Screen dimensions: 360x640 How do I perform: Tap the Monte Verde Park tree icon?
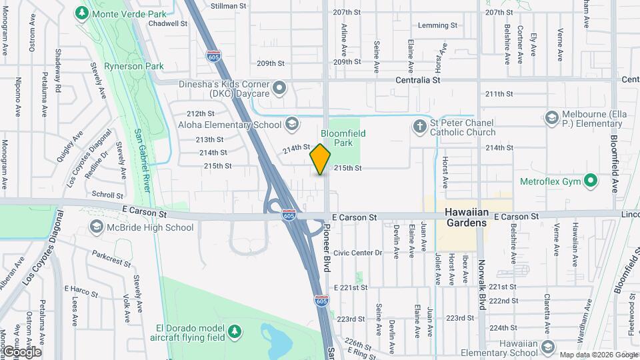[x=81, y=13]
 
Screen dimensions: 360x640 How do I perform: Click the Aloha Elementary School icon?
[x=291, y=124]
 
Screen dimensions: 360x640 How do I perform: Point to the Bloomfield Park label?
[x=343, y=138]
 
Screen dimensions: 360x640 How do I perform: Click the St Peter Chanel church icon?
[x=419, y=125]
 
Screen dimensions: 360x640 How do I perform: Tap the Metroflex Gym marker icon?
[x=590, y=180]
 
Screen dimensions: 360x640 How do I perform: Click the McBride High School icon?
[x=97, y=227]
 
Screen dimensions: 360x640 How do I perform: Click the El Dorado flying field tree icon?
[x=233, y=331]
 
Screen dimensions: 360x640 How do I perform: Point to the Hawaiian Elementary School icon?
[x=547, y=347]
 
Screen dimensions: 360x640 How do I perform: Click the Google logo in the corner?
[x=21, y=352]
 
